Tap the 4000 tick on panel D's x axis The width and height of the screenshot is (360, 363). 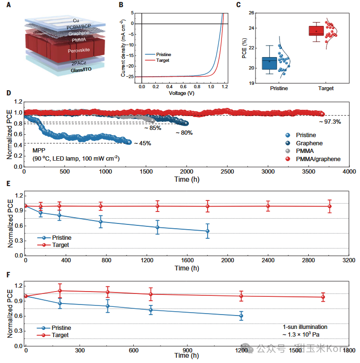(x=348, y=171)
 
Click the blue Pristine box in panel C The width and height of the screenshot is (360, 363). (x=269, y=63)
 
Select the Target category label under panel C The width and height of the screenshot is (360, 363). (x=326, y=88)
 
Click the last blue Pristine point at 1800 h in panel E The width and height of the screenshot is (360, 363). (x=208, y=231)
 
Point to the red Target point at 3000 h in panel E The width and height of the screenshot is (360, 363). (x=329, y=206)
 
